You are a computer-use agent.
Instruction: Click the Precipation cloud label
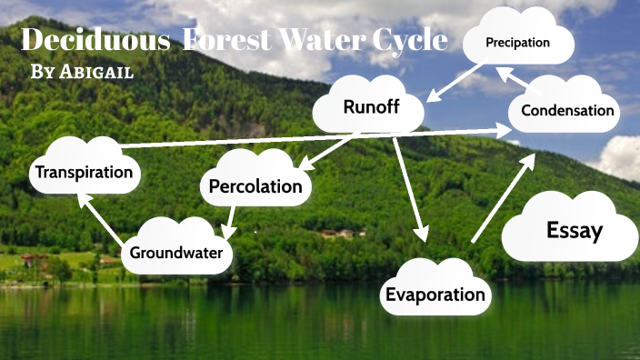[x=518, y=43]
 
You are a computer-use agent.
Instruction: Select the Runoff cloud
[x=368, y=107]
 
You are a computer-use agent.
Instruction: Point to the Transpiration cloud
[x=84, y=171]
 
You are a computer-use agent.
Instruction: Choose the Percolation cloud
[x=255, y=186]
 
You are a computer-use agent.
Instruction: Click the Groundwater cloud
[x=176, y=252]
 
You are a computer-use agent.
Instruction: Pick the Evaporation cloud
[x=435, y=294]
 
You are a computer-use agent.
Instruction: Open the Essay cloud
[x=574, y=230]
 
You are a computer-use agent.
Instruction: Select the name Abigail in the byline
[x=98, y=73]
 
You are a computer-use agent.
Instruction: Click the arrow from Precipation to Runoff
[x=459, y=81]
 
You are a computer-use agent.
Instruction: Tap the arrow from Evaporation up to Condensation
[x=501, y=197]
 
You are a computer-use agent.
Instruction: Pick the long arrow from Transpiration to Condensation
[x=309, y=138]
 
